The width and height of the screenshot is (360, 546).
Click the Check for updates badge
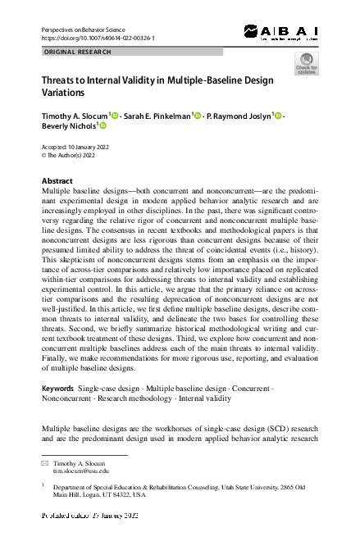306,64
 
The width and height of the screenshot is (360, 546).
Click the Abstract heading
57,180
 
